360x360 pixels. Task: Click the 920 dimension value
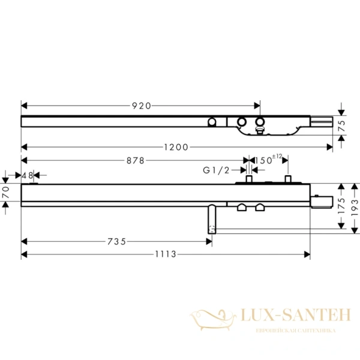(x=142, y=106)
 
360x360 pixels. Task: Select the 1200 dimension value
(x=176, y=147)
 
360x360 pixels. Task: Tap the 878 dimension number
(x=136, y=160)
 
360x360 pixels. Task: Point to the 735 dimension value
(x=116, y=242)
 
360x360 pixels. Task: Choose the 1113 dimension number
(x=166, y=254)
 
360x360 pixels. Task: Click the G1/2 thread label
(x=216, y=170)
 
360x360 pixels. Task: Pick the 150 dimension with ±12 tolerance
(x=268, y=160)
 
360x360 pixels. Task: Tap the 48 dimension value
(x=28, y=176)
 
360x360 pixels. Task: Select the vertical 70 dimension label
(x=5, y=192)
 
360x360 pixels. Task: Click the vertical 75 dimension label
(x=342, y=125)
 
